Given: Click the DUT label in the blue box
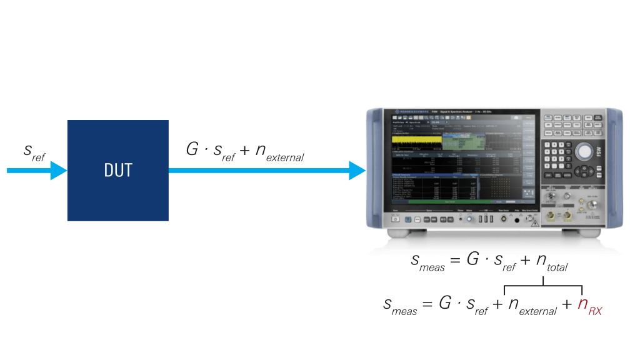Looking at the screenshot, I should [117, 171].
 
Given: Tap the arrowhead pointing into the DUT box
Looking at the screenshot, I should [58, 170].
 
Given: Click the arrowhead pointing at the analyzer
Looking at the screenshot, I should [357, 170].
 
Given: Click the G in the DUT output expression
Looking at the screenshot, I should [192, 150].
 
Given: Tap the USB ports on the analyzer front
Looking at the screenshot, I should [482, 219].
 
